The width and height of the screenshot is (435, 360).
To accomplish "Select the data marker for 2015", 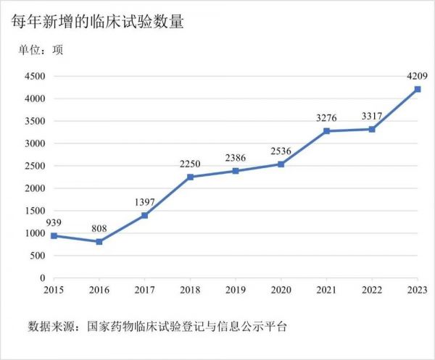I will pos(53,235).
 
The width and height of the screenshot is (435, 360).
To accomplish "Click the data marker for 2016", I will pos(99,241).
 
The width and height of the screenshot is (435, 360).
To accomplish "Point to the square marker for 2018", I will pos(190,177).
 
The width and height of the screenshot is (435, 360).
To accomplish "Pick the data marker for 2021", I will pos(327,131).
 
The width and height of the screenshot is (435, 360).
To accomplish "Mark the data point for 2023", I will pos(418,89).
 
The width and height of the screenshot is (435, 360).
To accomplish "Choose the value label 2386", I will pos(236,157).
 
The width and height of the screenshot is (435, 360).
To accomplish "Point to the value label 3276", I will pos(327,117).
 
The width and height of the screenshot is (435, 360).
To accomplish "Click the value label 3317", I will pos(372,115).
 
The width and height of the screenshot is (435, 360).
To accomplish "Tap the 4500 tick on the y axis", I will pos(34,76).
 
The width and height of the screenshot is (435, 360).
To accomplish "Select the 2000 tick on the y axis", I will pos(34,188).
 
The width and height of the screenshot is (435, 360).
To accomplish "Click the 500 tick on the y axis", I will pos(37,256).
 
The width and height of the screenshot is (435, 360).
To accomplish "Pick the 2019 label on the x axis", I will pos(236,290).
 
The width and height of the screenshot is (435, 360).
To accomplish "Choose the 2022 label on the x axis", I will pos(372,290).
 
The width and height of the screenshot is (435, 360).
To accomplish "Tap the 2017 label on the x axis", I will pos(144,290).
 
